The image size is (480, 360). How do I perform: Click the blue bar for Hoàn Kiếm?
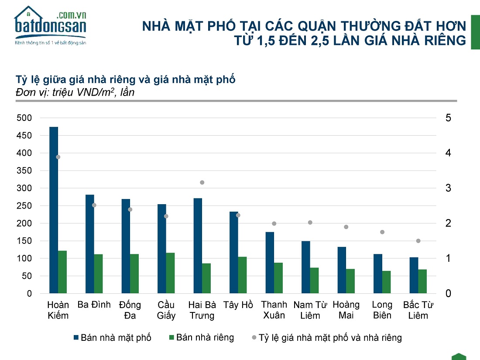tap(54, 210)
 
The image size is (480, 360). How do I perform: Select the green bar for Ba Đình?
tap(99, 274)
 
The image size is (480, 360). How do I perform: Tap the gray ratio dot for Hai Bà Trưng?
tap(202, 182)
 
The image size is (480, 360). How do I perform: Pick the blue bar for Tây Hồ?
tap(234, 252)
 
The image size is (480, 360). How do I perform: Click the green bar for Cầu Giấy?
tap(171, 273)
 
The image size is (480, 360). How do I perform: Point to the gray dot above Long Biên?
tap(382, 232)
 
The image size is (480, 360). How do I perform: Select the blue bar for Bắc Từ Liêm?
tap(414, 275)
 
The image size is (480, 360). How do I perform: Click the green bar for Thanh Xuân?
tap(278, 278)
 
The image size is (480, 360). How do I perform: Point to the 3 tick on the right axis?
tap(448, 188)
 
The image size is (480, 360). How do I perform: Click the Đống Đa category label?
tap(130, 310)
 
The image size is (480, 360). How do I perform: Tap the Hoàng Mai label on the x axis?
tap(346, 310)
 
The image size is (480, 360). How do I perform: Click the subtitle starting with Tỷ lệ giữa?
tap(125, 80)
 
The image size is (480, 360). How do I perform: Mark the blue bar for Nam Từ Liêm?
tap(306, 267)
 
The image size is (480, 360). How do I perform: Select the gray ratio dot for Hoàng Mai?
tap(346, 227)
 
